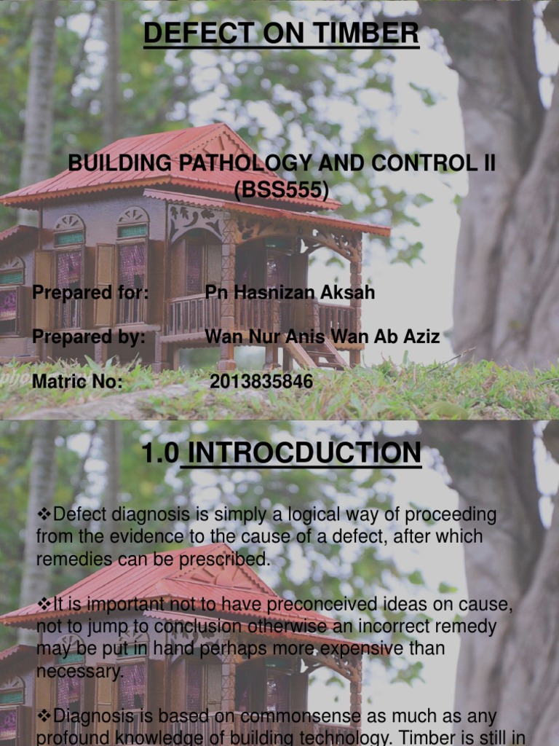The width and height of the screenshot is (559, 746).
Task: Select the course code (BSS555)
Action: coord(281,190)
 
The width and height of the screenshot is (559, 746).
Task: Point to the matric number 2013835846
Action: coord(261,381)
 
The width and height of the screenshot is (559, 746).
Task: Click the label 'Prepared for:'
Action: coord(90,293)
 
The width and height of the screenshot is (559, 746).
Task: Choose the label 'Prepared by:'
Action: coord(89,337)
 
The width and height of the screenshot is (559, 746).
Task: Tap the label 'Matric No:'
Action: coord(77,381)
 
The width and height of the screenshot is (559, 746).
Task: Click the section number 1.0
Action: coord(160,452)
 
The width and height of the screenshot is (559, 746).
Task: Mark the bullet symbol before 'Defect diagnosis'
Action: coord(44,515)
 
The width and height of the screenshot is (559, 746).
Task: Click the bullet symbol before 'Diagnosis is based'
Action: coord(44,717)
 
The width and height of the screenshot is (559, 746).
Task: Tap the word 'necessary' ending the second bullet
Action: coord(79,670)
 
